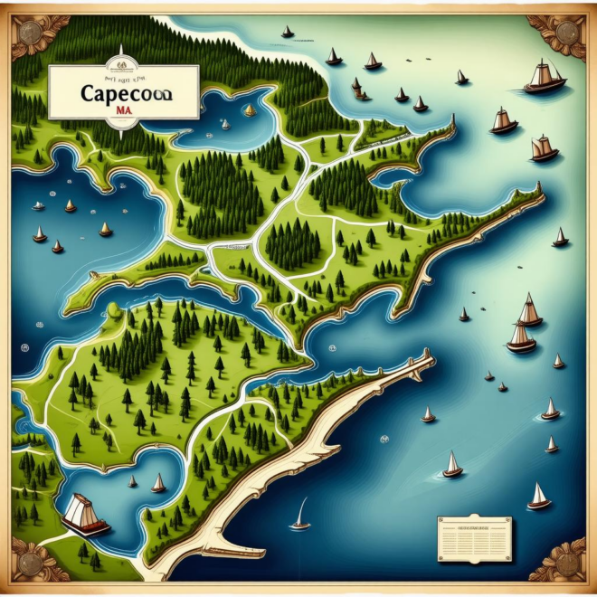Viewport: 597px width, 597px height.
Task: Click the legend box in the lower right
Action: (474, 538)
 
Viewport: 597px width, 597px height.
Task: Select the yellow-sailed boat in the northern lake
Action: (250, 111)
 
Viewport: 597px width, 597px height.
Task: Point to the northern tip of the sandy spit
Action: (427, 355)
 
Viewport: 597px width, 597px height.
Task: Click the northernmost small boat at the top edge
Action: (288, 33)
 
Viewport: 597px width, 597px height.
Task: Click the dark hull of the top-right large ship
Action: (545, 87)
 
